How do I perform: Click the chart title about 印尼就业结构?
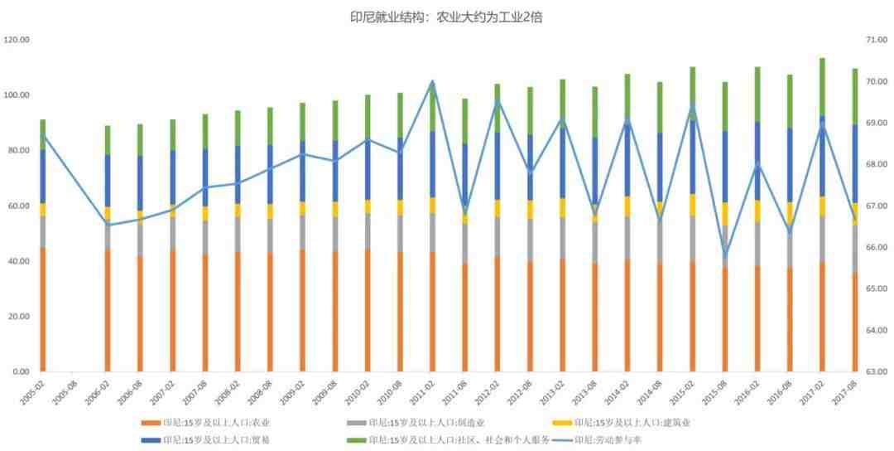point(446,17)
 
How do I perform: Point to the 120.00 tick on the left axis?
point(17,40)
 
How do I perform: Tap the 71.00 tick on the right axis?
point(876,40)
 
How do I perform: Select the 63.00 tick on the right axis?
point(876,371)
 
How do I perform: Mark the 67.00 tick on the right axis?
point(876,206)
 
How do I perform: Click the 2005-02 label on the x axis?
point(31,390)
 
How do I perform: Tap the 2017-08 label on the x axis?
point(844,390)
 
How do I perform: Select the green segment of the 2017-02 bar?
point(822,87)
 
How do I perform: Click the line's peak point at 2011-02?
point(432,82)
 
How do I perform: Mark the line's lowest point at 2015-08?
point(725,255)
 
